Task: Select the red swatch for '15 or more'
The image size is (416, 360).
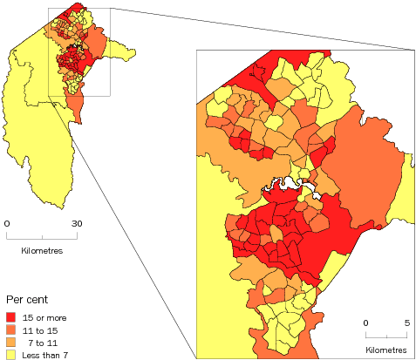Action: (12, 318)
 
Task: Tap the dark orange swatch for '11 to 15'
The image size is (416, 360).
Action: (12, 330)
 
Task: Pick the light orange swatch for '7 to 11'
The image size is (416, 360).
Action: (12, 343)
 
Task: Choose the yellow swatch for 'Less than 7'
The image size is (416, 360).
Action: (12, 354)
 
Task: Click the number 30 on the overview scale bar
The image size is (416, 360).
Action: (77, 224)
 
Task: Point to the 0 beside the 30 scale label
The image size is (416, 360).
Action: (8, 224)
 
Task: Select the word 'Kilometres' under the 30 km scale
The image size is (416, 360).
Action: (43, 251)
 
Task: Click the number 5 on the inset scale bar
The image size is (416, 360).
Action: (406, 323)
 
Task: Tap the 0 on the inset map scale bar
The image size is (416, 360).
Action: (366, 323)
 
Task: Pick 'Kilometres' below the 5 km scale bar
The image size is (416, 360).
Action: (385, 350)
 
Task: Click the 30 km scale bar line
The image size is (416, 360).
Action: (43, 236)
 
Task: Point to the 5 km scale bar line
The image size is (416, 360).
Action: (385, 335)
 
